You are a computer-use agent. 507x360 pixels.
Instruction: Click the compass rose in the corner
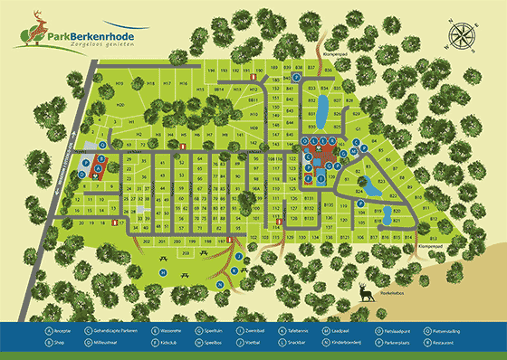[462, 39]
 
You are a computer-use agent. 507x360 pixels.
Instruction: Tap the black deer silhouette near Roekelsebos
[364, 291]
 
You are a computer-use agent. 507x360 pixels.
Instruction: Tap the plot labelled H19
[120, 83]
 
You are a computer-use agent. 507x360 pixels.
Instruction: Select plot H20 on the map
[120, 105]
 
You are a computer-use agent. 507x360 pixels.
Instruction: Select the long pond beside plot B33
[320, 112]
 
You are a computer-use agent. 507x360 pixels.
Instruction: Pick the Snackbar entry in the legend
[312, 344]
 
